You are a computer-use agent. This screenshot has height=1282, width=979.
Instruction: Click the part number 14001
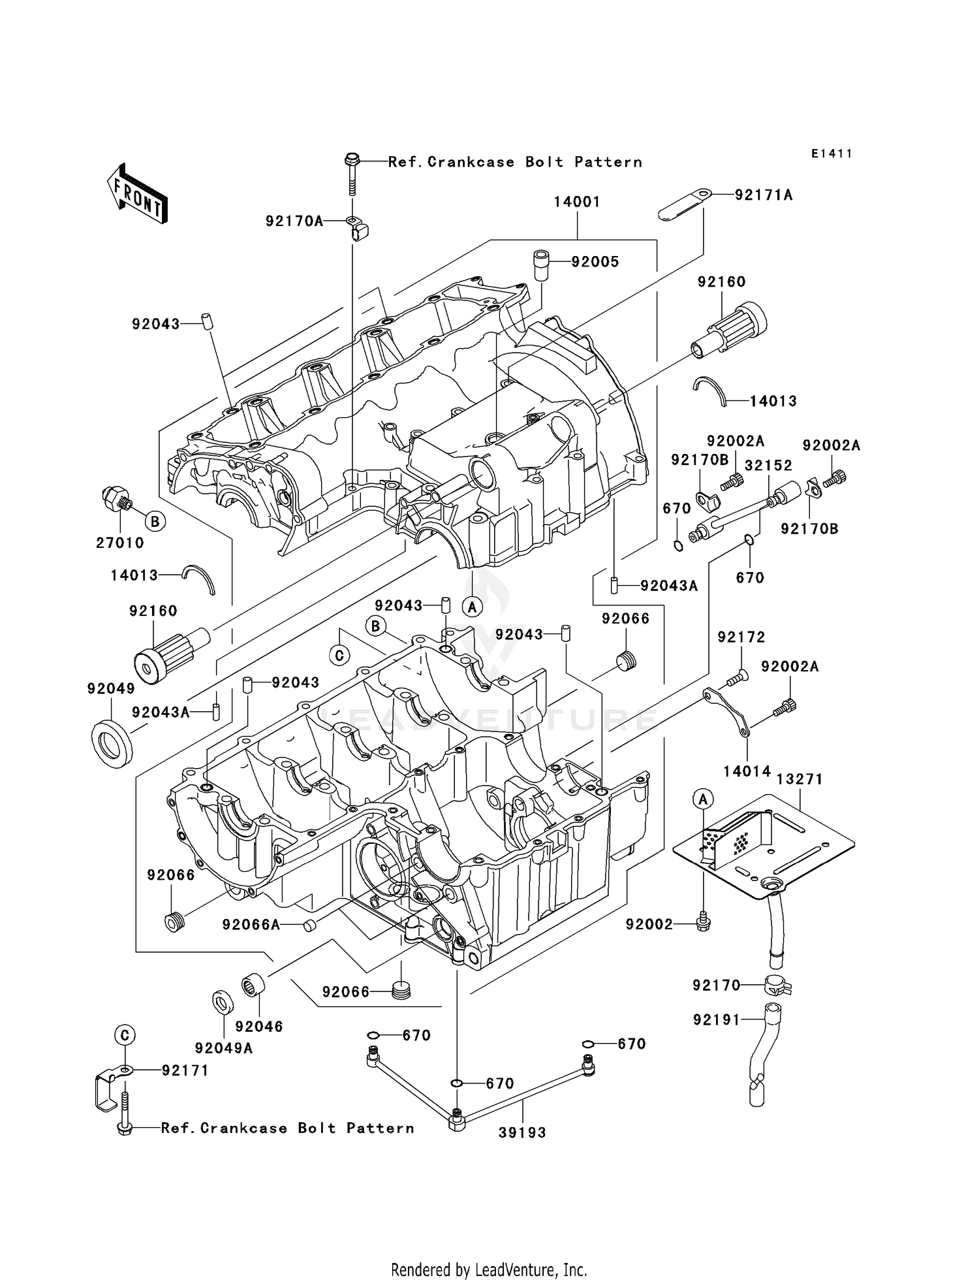(577, 202)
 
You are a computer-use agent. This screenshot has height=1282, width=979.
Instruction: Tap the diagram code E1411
(831, 153)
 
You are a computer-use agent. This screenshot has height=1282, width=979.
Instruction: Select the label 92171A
(764, 195)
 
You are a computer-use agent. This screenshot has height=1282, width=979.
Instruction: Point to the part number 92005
(595, 262)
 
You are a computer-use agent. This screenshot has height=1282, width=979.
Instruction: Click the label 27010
(120, 543)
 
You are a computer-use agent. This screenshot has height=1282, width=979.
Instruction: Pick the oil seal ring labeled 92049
(111, 743)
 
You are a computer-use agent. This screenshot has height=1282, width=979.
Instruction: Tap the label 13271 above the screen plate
(800, 779)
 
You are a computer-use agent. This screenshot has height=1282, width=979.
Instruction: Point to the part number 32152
(768, 466)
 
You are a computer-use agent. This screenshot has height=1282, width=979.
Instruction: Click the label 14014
(747, 771)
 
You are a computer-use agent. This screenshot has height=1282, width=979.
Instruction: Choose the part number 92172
(741, 637)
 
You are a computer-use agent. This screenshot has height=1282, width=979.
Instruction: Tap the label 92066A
(251, 924)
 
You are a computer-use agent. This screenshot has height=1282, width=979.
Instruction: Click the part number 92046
(259, 1027)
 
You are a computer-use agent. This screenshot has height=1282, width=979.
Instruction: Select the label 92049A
(223, 1048)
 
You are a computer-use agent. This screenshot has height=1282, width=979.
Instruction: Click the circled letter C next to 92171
(125, 1035)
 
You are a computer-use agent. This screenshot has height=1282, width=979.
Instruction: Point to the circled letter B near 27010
(155, 521)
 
